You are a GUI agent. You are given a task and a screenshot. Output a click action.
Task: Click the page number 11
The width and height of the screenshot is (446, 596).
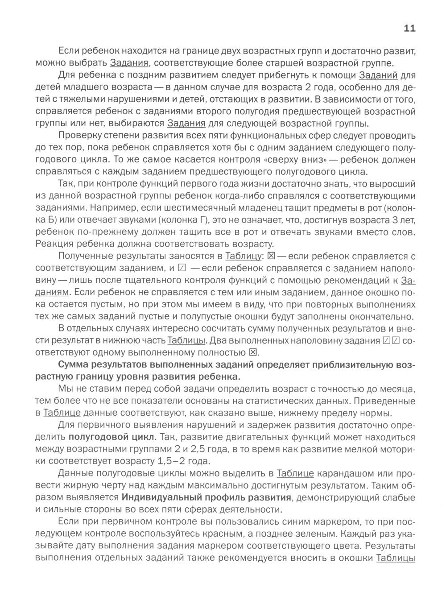[x=409, y=29]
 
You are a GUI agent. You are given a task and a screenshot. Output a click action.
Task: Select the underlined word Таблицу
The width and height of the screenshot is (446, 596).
[x=243, y=256]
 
